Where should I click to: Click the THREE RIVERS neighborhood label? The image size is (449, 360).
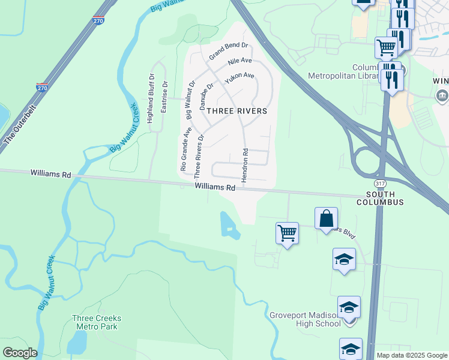click(237, 111)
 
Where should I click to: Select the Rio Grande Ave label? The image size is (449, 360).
click(182, 149)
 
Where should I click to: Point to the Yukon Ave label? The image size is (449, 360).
click(240, 78)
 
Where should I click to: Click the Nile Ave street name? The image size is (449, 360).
click(240, 62)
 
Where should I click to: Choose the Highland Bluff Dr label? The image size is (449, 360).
click(151, 95)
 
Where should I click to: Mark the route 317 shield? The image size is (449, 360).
click(380, 183)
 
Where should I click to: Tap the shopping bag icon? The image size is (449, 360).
click(327, 218)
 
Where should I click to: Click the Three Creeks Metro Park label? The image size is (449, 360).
click(96, 322)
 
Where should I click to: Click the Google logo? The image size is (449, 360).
click(20, 353)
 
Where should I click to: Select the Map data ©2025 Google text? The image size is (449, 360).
click(411, 355)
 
